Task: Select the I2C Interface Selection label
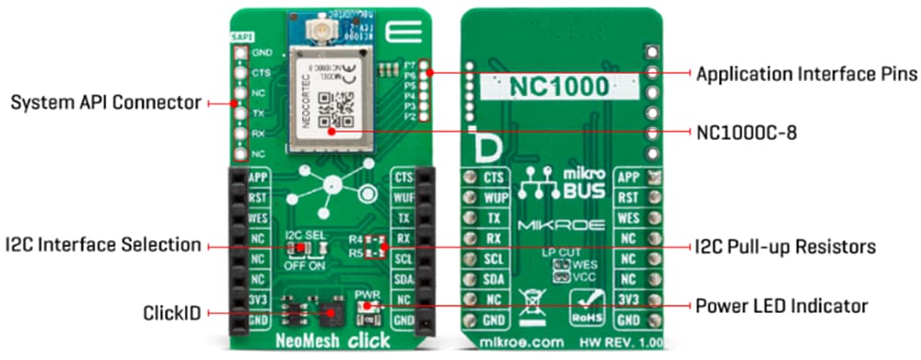101,246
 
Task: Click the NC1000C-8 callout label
746,133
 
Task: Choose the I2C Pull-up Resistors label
784,247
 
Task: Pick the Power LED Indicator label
780,305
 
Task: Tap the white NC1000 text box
561,88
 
